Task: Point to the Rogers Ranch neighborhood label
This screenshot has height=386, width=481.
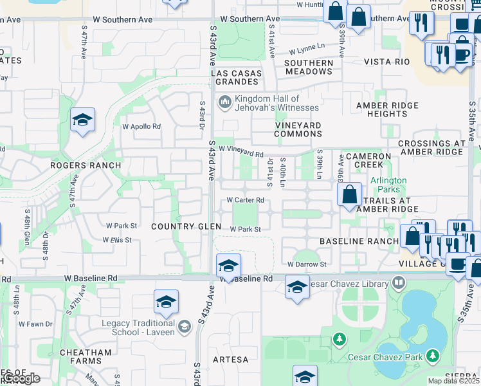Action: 86,165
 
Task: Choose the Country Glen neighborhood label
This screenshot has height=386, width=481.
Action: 186,226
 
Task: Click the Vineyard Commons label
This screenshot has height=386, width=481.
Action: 298,129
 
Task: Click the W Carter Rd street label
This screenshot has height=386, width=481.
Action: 245,200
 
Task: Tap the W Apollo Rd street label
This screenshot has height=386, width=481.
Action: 141,126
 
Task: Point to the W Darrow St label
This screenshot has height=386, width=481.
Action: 307,264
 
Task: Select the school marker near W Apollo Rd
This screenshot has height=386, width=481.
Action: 82,120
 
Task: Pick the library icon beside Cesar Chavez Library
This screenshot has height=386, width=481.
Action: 399,284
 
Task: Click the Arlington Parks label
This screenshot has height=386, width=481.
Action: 388,185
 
